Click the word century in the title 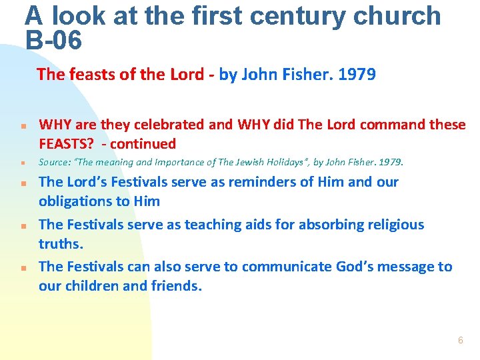pyautogui.click(x=303, y=15)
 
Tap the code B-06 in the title pyautogui.click(x=53, y=41)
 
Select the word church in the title pyautogui.click(x=399, y=15)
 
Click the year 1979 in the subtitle pyautogui.click(x=357, y=74)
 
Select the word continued pyautogui.click(x=146, y=143)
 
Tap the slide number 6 pyautogui.click(x=460, y=340)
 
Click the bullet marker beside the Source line pyautogui.click(x=22, y=163)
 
